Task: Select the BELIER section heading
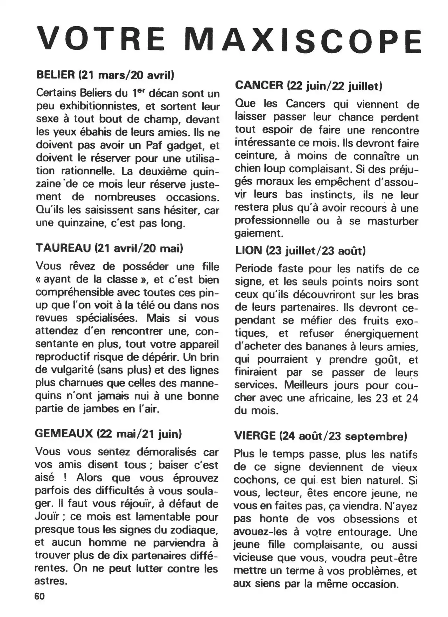coord(56,75)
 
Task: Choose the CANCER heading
coord(259,85)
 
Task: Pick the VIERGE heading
coord(255,436)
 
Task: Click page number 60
coord(40,596)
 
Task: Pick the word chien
coord(246,168)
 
